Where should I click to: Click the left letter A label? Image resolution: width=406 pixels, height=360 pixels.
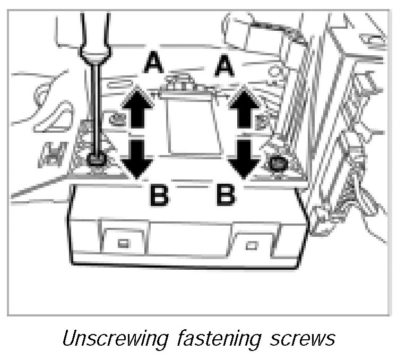[153, 66]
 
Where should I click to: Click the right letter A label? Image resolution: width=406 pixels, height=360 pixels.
[224, 66]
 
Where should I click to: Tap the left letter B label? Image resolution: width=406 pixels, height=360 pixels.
[158, 196]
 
